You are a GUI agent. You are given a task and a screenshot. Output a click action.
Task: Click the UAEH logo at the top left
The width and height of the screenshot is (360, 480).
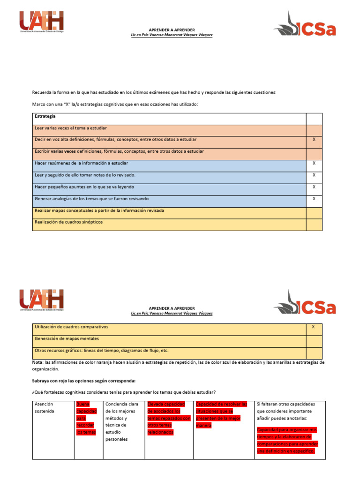(x=41, y=22)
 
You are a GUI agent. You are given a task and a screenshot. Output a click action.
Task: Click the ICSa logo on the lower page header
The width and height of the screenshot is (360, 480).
(x=305, y=302)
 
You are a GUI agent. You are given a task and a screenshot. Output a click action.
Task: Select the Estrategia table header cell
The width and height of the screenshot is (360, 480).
(x=45, y=116)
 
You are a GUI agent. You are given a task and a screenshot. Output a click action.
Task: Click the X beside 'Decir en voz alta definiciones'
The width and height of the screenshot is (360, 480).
(x=314, y=140)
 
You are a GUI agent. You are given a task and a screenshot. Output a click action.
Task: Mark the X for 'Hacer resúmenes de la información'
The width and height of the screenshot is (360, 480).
(x=314, y=164)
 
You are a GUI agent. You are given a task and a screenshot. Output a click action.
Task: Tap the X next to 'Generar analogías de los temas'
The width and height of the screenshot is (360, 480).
(x=314, y=199)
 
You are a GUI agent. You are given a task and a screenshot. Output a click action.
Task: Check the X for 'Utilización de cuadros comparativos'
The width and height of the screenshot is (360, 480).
(x=314, y=327)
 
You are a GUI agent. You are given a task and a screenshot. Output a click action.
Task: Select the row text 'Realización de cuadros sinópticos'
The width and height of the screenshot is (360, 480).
(x=68, y=222)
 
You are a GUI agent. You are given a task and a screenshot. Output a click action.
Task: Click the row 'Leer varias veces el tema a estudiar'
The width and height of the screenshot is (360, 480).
(x=71, y=128)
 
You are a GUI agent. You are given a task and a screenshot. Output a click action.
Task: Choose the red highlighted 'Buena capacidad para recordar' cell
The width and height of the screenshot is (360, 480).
(x=86, y=418)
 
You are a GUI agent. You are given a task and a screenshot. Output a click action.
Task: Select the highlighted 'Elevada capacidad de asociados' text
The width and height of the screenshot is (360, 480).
(x=169, y=418)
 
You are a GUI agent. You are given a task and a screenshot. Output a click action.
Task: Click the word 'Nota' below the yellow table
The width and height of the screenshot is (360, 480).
(x=37, y=362)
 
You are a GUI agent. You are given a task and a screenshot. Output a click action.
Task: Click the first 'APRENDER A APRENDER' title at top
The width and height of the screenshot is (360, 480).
(x=172, y=30)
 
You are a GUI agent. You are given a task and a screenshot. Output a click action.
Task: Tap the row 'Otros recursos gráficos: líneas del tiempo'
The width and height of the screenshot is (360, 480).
(x=101, y=351)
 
